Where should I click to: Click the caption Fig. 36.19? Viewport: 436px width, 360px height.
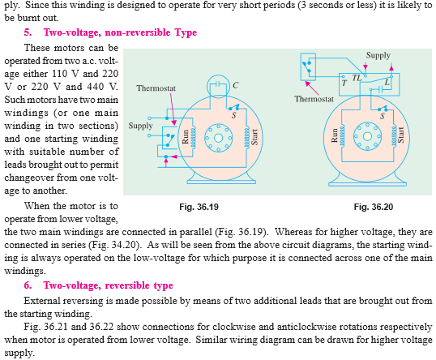pos(199,207)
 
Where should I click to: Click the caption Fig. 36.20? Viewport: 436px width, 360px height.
pos(374,207)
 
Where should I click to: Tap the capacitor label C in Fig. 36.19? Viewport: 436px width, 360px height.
pos(235,85)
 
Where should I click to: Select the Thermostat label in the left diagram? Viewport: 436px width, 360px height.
pos(156,88)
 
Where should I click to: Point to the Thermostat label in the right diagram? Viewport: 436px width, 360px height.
pos(314,99)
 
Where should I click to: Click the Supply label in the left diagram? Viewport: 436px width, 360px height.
pos(140,126)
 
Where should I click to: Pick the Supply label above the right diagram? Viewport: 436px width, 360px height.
pos(378,55)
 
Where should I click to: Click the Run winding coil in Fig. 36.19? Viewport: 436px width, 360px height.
pos(193,137)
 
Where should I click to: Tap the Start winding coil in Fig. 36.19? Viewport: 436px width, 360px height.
pos(246,137)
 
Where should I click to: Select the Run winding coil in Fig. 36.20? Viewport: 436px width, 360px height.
pos(342,136)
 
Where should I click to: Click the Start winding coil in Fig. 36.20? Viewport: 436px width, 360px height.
pos(394,136)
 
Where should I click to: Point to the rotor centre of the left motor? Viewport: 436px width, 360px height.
pos(218,138)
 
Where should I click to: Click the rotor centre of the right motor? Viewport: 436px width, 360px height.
pos(367,136)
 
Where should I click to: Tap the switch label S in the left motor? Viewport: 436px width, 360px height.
pos(234,115)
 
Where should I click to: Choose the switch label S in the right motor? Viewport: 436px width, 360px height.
pos(383,116)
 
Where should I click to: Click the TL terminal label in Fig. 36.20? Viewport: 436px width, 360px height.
pos(357,78)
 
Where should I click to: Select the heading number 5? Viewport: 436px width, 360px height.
pos(28,32)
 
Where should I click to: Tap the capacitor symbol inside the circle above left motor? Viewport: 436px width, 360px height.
pos(218,84)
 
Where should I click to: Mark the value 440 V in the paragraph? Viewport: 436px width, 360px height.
pos(103,87)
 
